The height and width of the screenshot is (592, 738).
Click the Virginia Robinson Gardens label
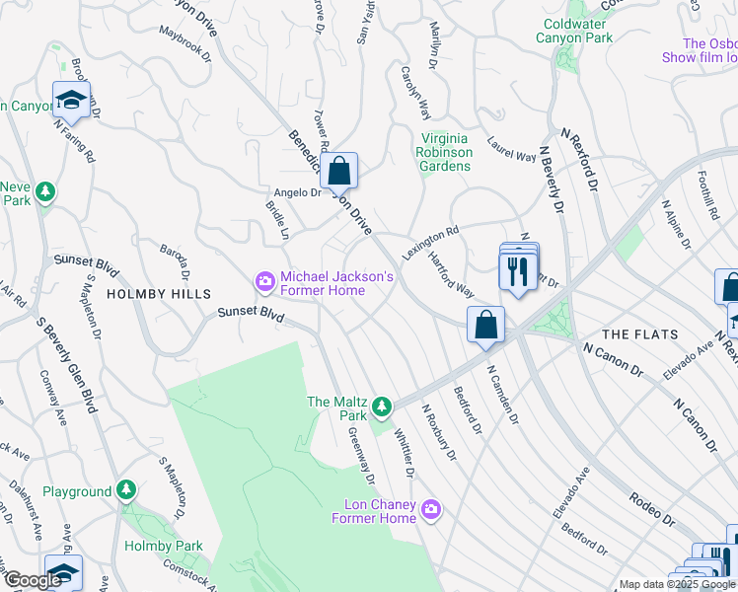(x=446, y=152)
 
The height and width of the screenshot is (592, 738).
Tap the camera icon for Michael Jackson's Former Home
(x=264, y=283)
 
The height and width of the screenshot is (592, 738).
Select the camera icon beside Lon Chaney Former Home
(x=430, y=510)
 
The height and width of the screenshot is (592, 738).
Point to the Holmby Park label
(x=164, y=546)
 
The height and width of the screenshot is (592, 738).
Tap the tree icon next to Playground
(x=125, y=490)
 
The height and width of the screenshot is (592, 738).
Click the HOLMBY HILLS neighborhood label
(x=159, y=294)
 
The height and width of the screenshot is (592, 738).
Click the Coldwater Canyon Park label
(x=574, y=31)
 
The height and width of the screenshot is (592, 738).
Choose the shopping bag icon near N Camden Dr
(x=486, y=324)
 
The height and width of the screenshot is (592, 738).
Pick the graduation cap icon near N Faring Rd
(x=71, y=99)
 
